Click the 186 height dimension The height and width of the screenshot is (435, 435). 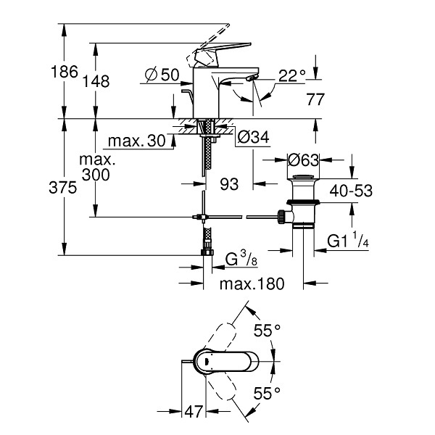pyautogui.click(x=65, y=72)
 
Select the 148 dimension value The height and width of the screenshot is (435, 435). pyautogui.click(x=96, y=81)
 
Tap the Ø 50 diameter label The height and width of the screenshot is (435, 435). pyautogui.click(x=162, y=75)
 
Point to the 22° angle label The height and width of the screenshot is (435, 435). pyautogui.click(x=292, y=75)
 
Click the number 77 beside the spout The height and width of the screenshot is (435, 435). pyautogui.click(x=315, y=99)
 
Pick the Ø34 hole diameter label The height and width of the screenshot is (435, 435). pyautogui.click(x=253, y=137)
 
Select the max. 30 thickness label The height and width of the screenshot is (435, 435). pyautogui.click(x=137, y=141)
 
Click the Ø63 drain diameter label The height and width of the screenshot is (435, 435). pyautogui.click(x=303, y=160)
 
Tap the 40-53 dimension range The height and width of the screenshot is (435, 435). pyautogui.click(x=351, y=191)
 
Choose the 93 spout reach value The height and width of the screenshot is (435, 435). pyautogui.click(x=229, y=184)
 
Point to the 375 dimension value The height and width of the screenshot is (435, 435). pyautogui.click(x=62, y=188)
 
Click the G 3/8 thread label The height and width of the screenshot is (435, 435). pyautogui.click(x=241, y=259)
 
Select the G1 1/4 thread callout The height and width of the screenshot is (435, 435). pyautogui.click(x=348, y=240)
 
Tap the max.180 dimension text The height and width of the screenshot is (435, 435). pyautogui.click(x=252, y=283)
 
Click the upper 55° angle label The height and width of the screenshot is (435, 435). pyautogui.click(x=267, y=330)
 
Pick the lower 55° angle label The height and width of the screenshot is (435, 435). pyautogui.click(x=267, y=394)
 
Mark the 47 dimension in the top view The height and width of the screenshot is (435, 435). pyautogui.click(x=194, y=411)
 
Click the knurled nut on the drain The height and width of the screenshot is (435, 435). pyautogui.click(x=281, y=217)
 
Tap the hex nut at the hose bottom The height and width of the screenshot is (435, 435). pyautogui.click(x=207, y=252)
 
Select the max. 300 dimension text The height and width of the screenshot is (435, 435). pyautogui.click(x=96, y=167)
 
